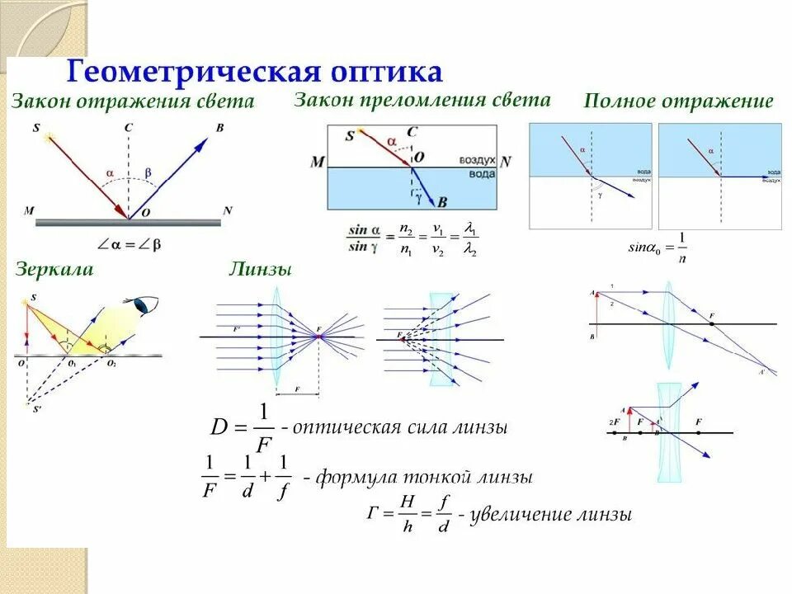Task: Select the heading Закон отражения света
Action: (132, 102)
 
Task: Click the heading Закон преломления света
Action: (422, 100)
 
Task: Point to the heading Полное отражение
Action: (678, 101)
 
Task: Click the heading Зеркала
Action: (53, 269)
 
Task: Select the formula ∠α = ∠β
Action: (129, 244)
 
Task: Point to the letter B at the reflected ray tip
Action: (219, 128)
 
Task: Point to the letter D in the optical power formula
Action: (219, 428)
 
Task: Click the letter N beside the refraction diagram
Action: (506, 163)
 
